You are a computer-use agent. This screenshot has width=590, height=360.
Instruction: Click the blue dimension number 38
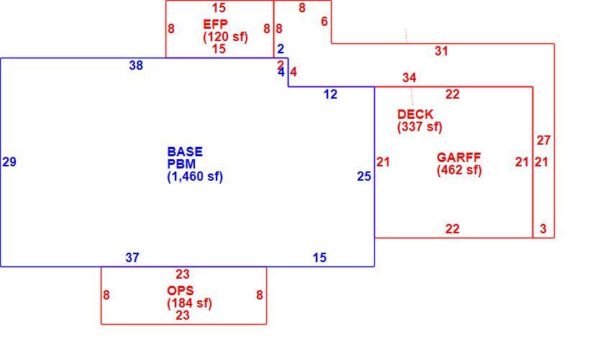(x=136, y=66)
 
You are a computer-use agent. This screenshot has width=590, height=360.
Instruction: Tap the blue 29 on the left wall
(x=9, y=162)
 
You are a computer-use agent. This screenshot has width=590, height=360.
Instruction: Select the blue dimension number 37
(x=132, y=258)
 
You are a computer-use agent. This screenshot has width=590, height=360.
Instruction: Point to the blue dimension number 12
(x=330, y=94)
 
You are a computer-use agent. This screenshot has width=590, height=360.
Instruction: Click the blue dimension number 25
(x=364, y=176)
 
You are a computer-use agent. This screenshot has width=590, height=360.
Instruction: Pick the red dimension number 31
(x=441, y=51)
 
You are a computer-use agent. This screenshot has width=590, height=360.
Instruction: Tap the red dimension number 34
(x=409, y=78)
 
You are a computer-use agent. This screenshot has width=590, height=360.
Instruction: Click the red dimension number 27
(x=544, y=140)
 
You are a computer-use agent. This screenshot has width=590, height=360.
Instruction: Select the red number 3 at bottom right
(x=543, y=229)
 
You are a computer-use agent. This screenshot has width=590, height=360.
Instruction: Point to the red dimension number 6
(x=324, y=22)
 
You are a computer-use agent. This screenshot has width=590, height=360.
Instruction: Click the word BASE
(x=185, y=152)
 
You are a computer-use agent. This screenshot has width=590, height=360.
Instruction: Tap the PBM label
(x=181, y=164)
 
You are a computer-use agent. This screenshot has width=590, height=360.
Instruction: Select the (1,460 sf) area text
(x=195, y=176)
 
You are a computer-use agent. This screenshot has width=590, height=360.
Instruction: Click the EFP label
(x=215, y=24)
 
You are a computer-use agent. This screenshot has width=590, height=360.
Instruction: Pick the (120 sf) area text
(x=225, y=37)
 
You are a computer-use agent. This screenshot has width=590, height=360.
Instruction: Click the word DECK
(x=415, y=114)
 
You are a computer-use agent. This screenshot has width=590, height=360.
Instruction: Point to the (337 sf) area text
(x=419, y=127)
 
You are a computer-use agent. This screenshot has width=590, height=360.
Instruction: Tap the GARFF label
(x=459, y=158)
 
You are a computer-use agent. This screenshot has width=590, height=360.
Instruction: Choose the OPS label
(x=181, y=291)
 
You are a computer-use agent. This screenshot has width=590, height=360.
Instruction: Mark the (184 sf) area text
(x=189, y=303)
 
